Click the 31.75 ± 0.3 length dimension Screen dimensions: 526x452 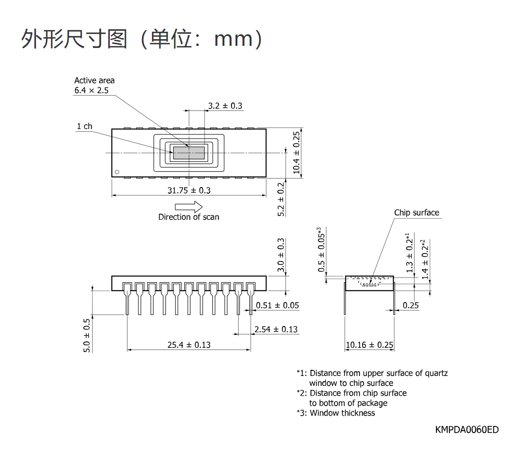click(x=189, y=191)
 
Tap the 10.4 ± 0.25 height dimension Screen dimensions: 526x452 click(x=296, y=153)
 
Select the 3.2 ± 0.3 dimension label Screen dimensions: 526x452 click(x=225, y=106)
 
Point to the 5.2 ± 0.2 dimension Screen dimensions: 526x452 click(x=281, y=199)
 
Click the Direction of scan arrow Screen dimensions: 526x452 click(x=188, y=207)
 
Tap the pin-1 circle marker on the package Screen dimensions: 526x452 click(x=117, y=172)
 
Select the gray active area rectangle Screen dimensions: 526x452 click(x=189, y=153)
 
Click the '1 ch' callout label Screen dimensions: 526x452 click(x=84, y=126)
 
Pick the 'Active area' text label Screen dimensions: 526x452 click(x=94, y=80)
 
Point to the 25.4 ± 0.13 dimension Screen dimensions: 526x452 click(x=189, y=345)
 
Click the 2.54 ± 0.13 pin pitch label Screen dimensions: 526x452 click(x=276, y=330)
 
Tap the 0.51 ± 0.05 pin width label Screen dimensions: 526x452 click(x=277, y=305)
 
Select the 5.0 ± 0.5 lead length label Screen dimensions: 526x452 click(x=86, y=335)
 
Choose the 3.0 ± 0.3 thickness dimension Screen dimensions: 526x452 click(x=281, y=255)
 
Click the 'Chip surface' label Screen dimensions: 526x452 click(x=416, y=212)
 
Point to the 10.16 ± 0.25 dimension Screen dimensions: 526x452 click(x=369, y=345)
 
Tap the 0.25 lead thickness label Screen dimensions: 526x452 click(x=410, y=305)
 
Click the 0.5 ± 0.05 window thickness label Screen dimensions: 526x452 click(x=321, y=249)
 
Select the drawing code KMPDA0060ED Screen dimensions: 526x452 click(x=467, y=430)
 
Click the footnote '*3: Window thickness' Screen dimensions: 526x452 click(x=336, y=413)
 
